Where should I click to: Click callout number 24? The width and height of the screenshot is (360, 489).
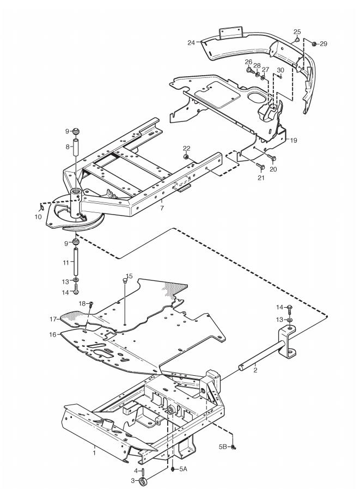pyautogui.click(x=191, y=42)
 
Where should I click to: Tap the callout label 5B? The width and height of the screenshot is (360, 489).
pyautogui.click(x=222, y=447)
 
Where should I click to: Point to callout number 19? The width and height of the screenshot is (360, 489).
pyautogui.click(x=294, y=140)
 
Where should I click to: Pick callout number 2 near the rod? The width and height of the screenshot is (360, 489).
pyautogui.click(x=253, y=370)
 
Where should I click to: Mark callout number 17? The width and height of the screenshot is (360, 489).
pyautogui.click(x=54, y=319)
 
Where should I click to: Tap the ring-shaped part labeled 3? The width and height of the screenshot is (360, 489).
pyautogui.click(x=144, y=481)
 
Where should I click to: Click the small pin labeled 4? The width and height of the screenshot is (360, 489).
pyautogui.click(x=142, y=470)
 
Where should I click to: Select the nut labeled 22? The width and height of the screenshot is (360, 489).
pyautogui.click(x=186, y=157)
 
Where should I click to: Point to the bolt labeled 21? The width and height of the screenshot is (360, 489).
pyautogui.click(x=260, y=165)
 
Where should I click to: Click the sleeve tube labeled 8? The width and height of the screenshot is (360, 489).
pyautogui.click(x=77, y=148)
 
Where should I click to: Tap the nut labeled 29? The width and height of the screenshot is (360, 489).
pyautogui.click(x=314, y=43)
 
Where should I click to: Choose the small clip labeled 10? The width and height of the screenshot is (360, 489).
pyautogui.click(x=42, y=207)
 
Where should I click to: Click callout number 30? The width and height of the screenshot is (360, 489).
pyautogui.click(x=280, y=70)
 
